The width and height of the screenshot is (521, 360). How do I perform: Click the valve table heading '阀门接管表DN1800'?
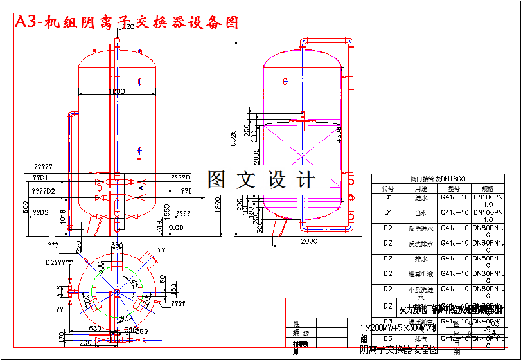coord(437,179)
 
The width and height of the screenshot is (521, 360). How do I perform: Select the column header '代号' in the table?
coord(387,189)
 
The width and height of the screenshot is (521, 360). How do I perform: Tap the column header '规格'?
coord(488,189)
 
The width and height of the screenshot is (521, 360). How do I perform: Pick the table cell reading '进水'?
coord(420,198)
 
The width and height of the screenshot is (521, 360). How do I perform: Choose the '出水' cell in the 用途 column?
coord(420,213)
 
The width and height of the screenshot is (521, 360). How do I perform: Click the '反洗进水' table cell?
coord(420,228)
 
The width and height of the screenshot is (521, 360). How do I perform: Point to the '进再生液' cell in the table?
coord(420,274)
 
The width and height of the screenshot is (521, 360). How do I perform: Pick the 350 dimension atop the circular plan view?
coord(117,246)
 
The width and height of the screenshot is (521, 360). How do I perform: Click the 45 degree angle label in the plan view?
coord(134,283)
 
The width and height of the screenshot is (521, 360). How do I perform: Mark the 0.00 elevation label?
coord(176,227)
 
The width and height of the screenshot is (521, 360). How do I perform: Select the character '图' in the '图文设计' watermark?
coord(216,180)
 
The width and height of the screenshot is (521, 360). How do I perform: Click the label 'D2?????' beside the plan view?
coord(58,262)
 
